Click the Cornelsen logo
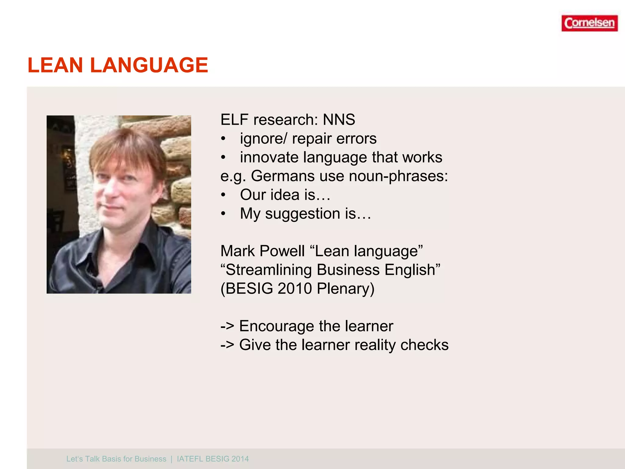click(x=589, y=23)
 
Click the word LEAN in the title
click(x=55, y=65)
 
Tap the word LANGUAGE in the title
click(x=149, y=65)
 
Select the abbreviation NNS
click(x=339, y=119)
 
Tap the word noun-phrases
click(x=398, y=176)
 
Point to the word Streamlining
click(x=269, y=270)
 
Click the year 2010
click(x=294, y=289)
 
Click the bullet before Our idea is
click(x=223, y=195)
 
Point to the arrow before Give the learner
click(x=227, y=345)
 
